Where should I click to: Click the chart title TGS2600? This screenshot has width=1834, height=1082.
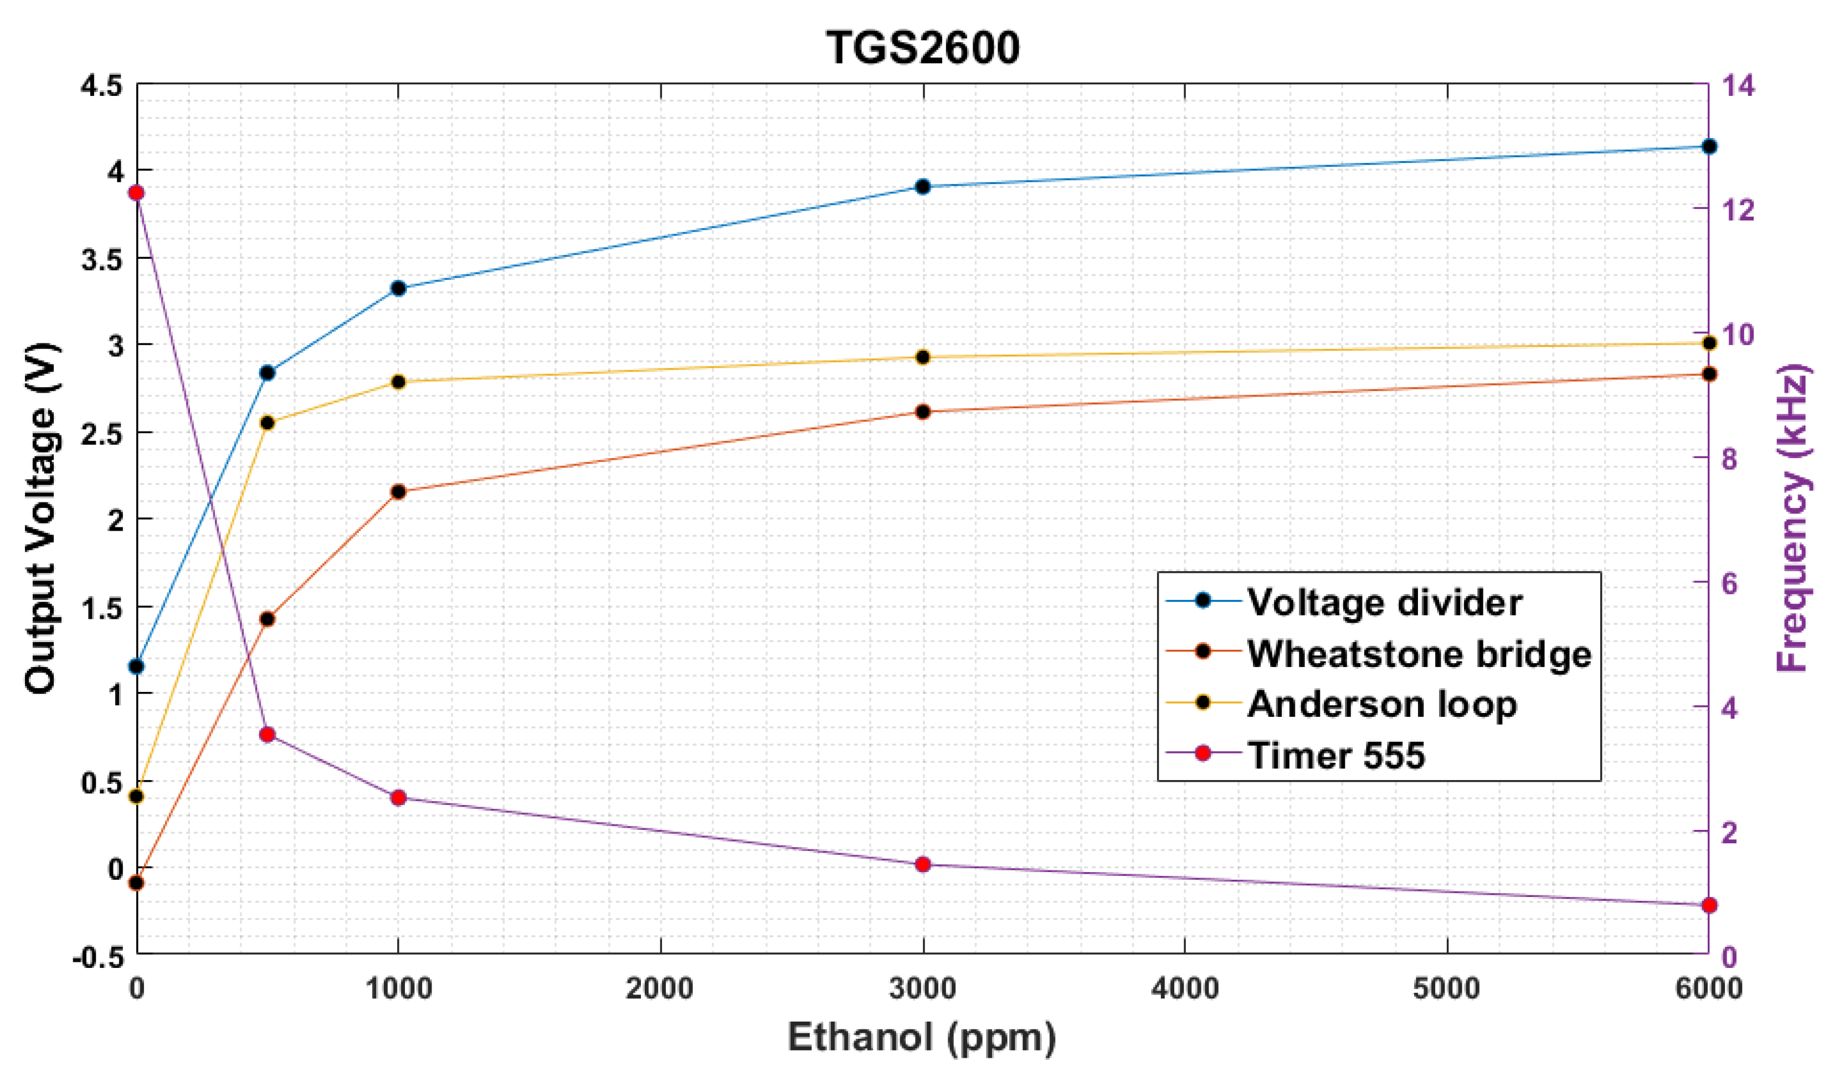pos(922,48)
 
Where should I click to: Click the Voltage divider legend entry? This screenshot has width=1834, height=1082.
pos(1384,603)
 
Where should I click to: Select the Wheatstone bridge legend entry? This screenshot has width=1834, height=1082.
pos(1419,654)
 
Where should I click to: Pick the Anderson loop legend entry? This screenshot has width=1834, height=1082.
pos(1381,704)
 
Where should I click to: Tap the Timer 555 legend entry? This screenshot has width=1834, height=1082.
pos(1335,755)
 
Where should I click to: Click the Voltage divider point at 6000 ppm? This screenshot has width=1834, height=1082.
pos(1709,147)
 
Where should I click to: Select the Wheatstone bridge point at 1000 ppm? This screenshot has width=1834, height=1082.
pos(398,492)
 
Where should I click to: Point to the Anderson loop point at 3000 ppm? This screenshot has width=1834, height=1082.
pos(923,357)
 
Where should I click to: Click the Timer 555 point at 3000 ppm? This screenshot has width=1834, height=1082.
pos(923,865)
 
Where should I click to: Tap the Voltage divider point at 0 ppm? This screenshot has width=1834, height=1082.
pos(136,666)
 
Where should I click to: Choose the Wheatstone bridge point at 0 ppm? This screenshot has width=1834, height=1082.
pos(136,883)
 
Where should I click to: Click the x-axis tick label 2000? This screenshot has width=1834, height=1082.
pos(660,989)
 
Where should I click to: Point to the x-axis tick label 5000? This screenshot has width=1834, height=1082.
pos(1446,989)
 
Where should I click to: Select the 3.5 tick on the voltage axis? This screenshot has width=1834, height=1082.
pos(101,259)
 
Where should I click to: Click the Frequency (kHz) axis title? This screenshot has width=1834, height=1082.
pos(1792,517)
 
